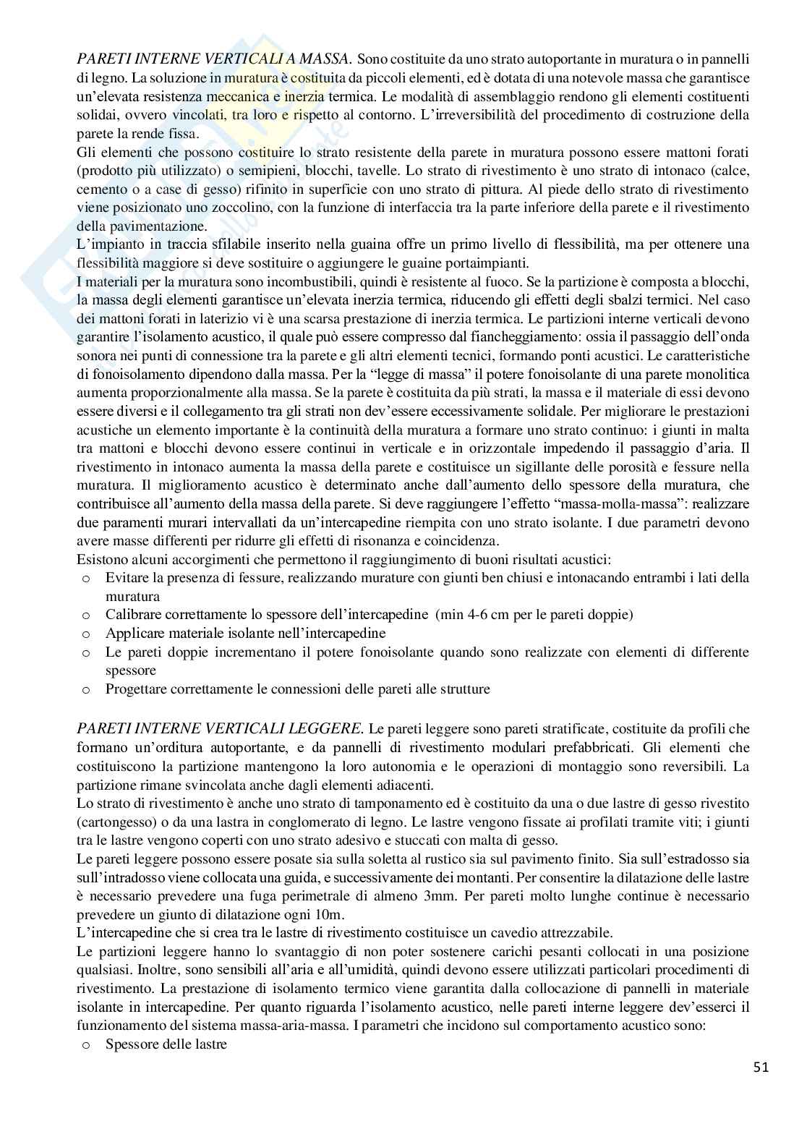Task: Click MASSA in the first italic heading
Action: click(323, 59)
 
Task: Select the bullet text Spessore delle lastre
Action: click(166, 1045)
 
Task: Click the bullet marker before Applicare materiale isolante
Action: click(86, 634)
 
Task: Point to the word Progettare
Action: click(137, 689)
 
